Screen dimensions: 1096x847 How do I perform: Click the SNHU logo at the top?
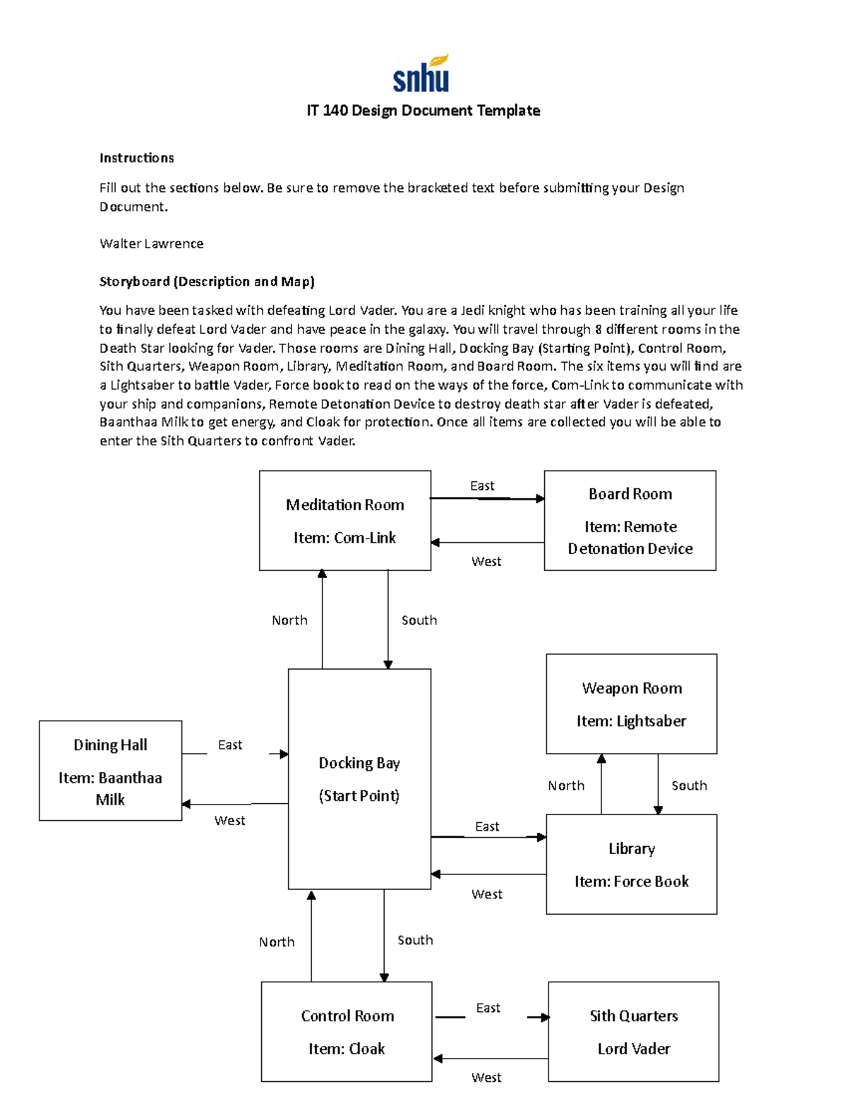[421, 74]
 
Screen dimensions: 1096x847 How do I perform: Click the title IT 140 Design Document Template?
[423, 111]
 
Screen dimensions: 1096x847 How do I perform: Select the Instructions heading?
[136, 158]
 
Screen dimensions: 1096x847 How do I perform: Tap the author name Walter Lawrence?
[151, 243]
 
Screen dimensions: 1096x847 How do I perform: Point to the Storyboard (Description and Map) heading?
[207, 282]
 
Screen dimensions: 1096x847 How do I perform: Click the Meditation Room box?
[344, 520]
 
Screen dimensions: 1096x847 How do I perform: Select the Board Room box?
[630, 520]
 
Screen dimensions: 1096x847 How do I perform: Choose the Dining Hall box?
[110, 770]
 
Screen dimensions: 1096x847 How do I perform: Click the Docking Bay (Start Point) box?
[359, 778]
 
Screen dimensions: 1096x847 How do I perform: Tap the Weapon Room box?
[631, 704]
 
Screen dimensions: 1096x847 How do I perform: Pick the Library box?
[631, 864]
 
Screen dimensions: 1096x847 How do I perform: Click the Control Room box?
[347, 1031]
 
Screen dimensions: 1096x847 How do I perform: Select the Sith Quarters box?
[633, 1031]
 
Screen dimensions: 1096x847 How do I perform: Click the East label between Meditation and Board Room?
[482, 486]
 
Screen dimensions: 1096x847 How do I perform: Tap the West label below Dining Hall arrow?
[229, 820]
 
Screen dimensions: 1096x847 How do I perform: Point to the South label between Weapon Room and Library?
[689, 785]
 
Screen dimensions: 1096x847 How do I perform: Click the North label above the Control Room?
[277, 942]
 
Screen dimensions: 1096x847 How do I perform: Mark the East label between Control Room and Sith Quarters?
[488, 1008]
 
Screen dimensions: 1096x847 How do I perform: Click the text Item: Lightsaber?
[631, 721]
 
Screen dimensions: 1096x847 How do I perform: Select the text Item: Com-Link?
[344, 538]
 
